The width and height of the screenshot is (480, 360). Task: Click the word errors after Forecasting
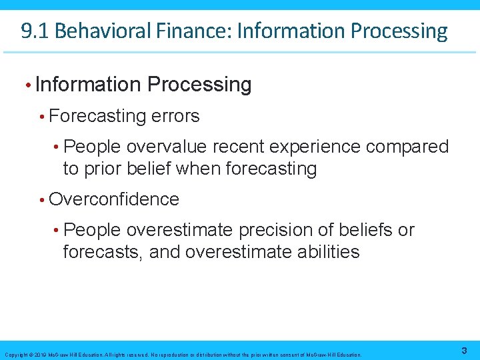(175, 116)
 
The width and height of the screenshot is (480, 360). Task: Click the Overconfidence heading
(114, 199)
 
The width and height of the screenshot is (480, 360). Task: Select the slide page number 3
(463, 351)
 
